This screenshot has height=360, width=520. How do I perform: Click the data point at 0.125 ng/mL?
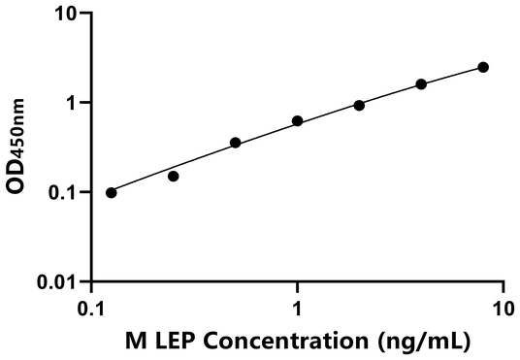[112, 192]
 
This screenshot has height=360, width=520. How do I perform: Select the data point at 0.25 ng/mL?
[174, 176]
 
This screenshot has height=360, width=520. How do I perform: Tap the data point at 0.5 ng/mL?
[235, 143]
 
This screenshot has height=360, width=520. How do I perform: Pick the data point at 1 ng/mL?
[297, 121]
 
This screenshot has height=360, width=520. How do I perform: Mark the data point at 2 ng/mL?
[359, 105]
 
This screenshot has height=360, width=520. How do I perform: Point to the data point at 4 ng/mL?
[421, 84]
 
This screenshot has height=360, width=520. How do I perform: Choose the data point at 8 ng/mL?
[483, 67]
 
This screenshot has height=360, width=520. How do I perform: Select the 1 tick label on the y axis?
[73, 103]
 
